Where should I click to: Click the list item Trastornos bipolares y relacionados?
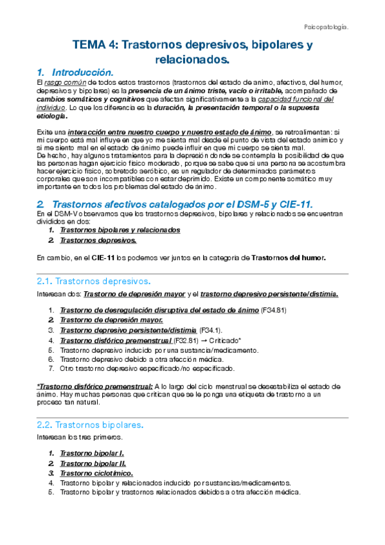tap(120, 229)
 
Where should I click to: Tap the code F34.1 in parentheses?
tap(212, 330)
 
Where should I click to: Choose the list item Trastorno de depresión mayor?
tap(111, 319)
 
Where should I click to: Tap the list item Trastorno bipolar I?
tap(92, 453)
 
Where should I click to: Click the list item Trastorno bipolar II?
tap(93, 463)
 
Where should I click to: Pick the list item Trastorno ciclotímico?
tap(96, 473)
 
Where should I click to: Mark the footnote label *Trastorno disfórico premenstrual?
tap(94, 386)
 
